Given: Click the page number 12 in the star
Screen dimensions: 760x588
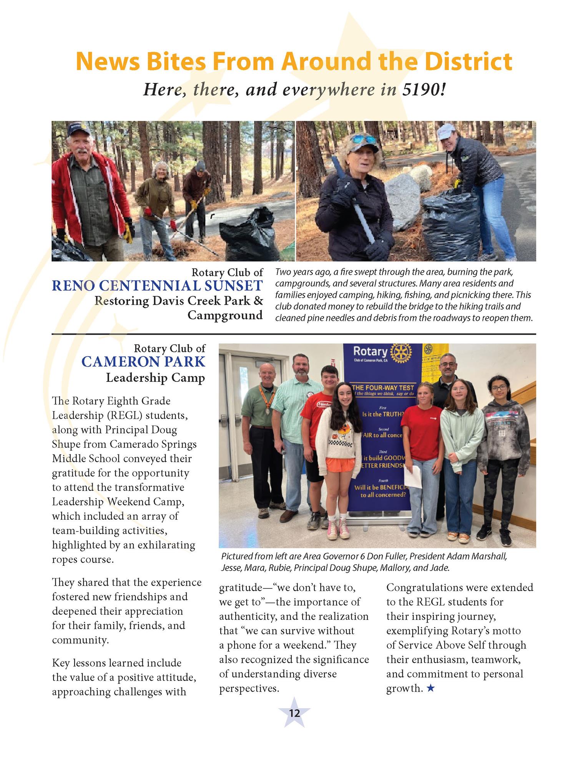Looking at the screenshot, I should coord(294,714).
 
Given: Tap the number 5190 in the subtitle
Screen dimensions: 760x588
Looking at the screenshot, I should coord(423,89).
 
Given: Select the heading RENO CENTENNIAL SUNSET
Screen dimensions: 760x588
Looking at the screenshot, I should coord(157,286).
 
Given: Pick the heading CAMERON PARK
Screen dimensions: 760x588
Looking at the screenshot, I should coord(143,362).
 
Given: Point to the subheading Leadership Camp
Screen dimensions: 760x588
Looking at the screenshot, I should coord(155,378).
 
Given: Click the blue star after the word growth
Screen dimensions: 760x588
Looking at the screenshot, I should coord(431,689).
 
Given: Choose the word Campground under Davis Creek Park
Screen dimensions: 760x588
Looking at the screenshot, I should coord(225,316).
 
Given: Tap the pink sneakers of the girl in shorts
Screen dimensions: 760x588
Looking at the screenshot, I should coord(338,530).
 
